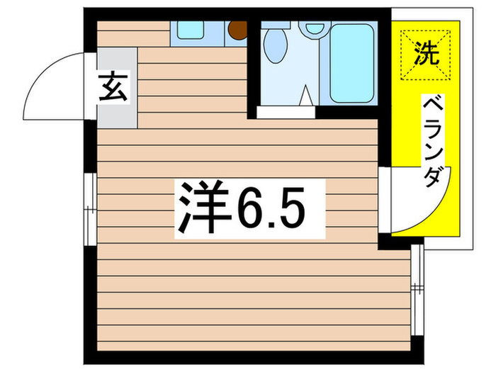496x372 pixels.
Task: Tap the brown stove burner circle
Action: point(236,30)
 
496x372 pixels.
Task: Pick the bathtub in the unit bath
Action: point(351,62)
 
